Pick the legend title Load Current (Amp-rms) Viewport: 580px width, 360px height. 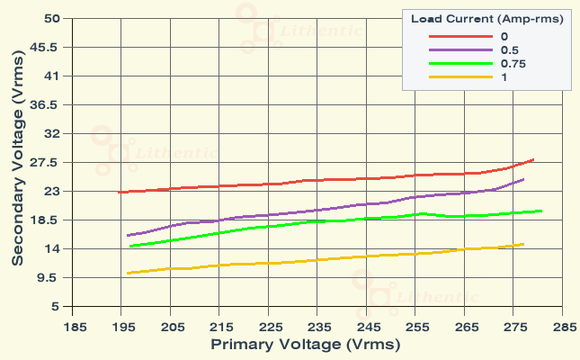coord(486,19)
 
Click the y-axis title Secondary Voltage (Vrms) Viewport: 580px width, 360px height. coord(17,162)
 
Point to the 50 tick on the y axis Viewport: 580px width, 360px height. coord(51,18)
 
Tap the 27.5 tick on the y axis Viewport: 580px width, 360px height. coord(48,162)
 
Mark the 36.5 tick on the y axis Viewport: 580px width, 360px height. coord(48,104)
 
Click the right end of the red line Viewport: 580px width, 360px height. coord(533,159)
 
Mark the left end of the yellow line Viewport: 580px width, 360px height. coord(129,273)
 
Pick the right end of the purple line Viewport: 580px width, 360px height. coord(523,179)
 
